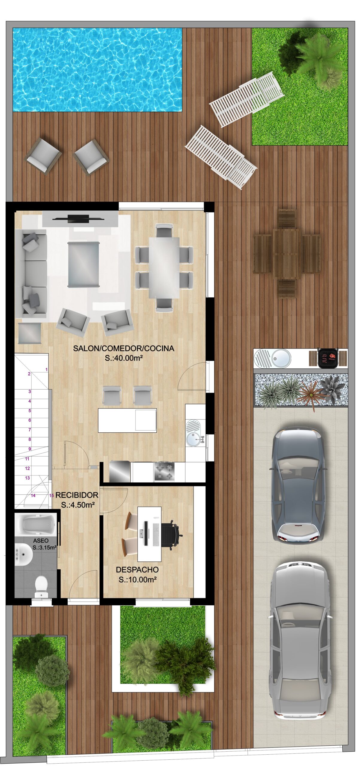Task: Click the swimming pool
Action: coord(97,70)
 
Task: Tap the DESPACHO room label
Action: coord(137,570)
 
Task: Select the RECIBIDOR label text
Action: coord(77,495)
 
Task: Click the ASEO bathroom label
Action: coord(41,540)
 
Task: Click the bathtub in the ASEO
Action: coord(36,524)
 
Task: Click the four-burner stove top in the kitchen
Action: coord(164,471)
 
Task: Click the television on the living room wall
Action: coord(78,219)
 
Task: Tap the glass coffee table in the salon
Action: coord(83,265)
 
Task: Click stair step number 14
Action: coord(33,495)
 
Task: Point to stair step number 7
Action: coord(30,429)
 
